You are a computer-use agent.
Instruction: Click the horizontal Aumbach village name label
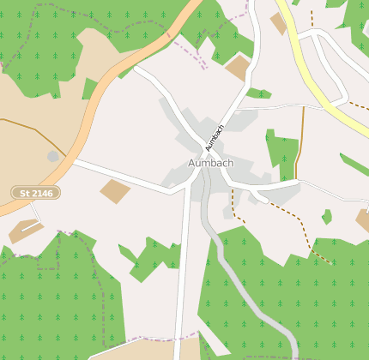pos(210,163)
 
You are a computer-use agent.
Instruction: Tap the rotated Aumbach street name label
pos(215,137)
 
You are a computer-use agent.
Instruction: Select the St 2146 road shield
pos(36,194)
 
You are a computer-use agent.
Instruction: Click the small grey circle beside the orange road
pos(53,156)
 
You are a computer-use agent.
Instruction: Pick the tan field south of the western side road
pos(114,190)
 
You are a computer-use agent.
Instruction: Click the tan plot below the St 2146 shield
pos(24,230)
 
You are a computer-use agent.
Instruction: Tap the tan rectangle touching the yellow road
pos(279,23)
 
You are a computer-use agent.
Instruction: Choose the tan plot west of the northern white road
pos(238,68)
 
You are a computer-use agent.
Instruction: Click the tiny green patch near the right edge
pos(327,217)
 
